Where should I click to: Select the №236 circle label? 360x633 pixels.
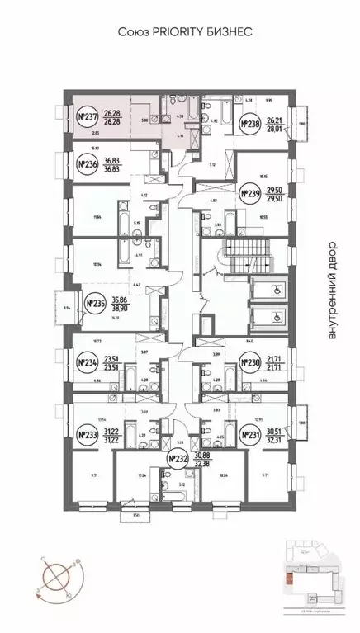pos(88,164)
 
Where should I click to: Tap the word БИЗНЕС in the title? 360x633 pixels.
pos(225,31)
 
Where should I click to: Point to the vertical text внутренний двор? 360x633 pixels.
pos(333,289)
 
